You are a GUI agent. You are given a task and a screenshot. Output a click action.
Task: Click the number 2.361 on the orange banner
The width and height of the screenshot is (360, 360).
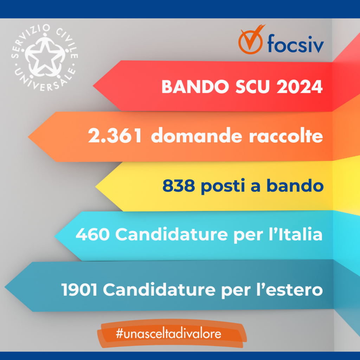click(x=115, y=136)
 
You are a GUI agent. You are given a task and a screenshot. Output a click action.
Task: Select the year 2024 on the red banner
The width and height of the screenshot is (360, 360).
click(x=300, y=86)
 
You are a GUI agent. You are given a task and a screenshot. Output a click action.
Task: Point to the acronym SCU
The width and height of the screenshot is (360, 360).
click(x=252, y=86)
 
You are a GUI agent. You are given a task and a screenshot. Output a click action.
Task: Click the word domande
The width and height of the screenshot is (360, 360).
click(x=197, y=135)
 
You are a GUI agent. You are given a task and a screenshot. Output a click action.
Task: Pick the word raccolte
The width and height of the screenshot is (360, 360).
click(x=286, y=136)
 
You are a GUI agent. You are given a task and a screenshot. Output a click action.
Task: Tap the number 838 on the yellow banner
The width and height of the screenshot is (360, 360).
click(x=179, y=186)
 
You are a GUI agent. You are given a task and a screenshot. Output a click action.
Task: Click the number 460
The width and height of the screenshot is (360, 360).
click(x=92, y=234)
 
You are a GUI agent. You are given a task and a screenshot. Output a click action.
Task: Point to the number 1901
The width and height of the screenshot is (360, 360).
click(x=79, y=290)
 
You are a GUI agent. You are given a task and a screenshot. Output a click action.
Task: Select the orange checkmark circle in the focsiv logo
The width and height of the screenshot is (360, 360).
click(x=250, y=41)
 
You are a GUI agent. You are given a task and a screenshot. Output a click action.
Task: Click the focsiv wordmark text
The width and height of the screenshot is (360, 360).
click(x=296, y=43)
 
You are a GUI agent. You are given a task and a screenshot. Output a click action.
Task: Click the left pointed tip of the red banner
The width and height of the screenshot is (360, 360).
click(x=93, y=86)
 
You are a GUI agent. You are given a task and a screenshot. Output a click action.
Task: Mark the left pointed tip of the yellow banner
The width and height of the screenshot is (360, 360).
click(x=95, y=187)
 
